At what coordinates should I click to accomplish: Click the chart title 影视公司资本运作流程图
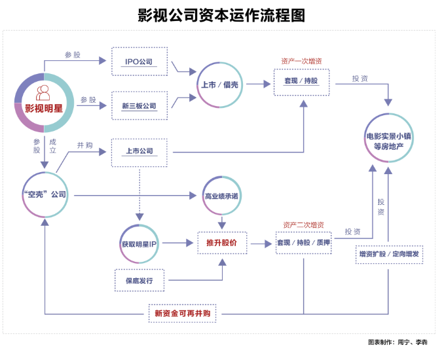tap(223, 15)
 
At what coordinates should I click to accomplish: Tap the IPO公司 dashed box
tap(139, 62)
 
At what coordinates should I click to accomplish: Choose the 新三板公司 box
tap(139, 105)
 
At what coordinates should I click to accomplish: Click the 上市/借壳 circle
tap(221, 84)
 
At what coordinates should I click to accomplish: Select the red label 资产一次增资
tap(301, 61)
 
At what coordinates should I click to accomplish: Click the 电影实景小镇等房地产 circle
tap(389, 141)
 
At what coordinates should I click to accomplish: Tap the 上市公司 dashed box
tap(139, 151)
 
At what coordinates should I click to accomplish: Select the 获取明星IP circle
tap(139, 243)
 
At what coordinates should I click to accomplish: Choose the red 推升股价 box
tap(222, 243)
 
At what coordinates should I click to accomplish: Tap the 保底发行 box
tap(139, 280)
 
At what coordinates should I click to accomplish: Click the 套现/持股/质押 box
tap(304, 243)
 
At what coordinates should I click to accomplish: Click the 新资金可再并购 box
tap(183, 313)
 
